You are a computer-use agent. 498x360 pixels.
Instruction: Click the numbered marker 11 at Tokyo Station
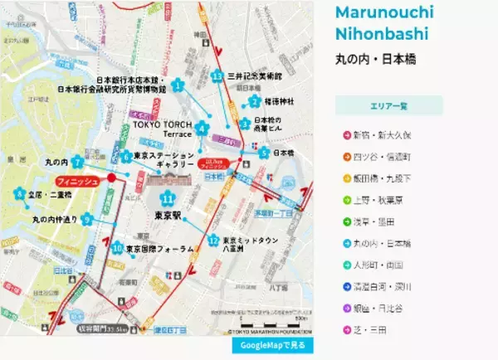coord(168,200)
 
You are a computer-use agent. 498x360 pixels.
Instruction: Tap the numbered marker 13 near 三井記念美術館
coord(217,76)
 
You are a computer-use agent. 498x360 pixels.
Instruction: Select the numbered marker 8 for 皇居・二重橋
coord(18,196)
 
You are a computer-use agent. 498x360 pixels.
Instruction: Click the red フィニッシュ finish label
coord(78,180)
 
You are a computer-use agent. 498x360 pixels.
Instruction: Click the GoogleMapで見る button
coord(272,344)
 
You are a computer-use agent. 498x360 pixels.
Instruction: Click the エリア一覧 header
coord(388,106)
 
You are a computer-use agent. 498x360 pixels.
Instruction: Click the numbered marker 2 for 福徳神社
coord(254,101)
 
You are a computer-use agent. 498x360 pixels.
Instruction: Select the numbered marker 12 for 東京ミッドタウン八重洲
coord(213,241)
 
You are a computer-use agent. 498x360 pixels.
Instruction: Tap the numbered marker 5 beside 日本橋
coord(263,153)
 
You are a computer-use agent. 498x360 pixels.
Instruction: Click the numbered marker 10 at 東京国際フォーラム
coord(117,248)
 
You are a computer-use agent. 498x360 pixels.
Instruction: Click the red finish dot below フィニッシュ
coord(111,178)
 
